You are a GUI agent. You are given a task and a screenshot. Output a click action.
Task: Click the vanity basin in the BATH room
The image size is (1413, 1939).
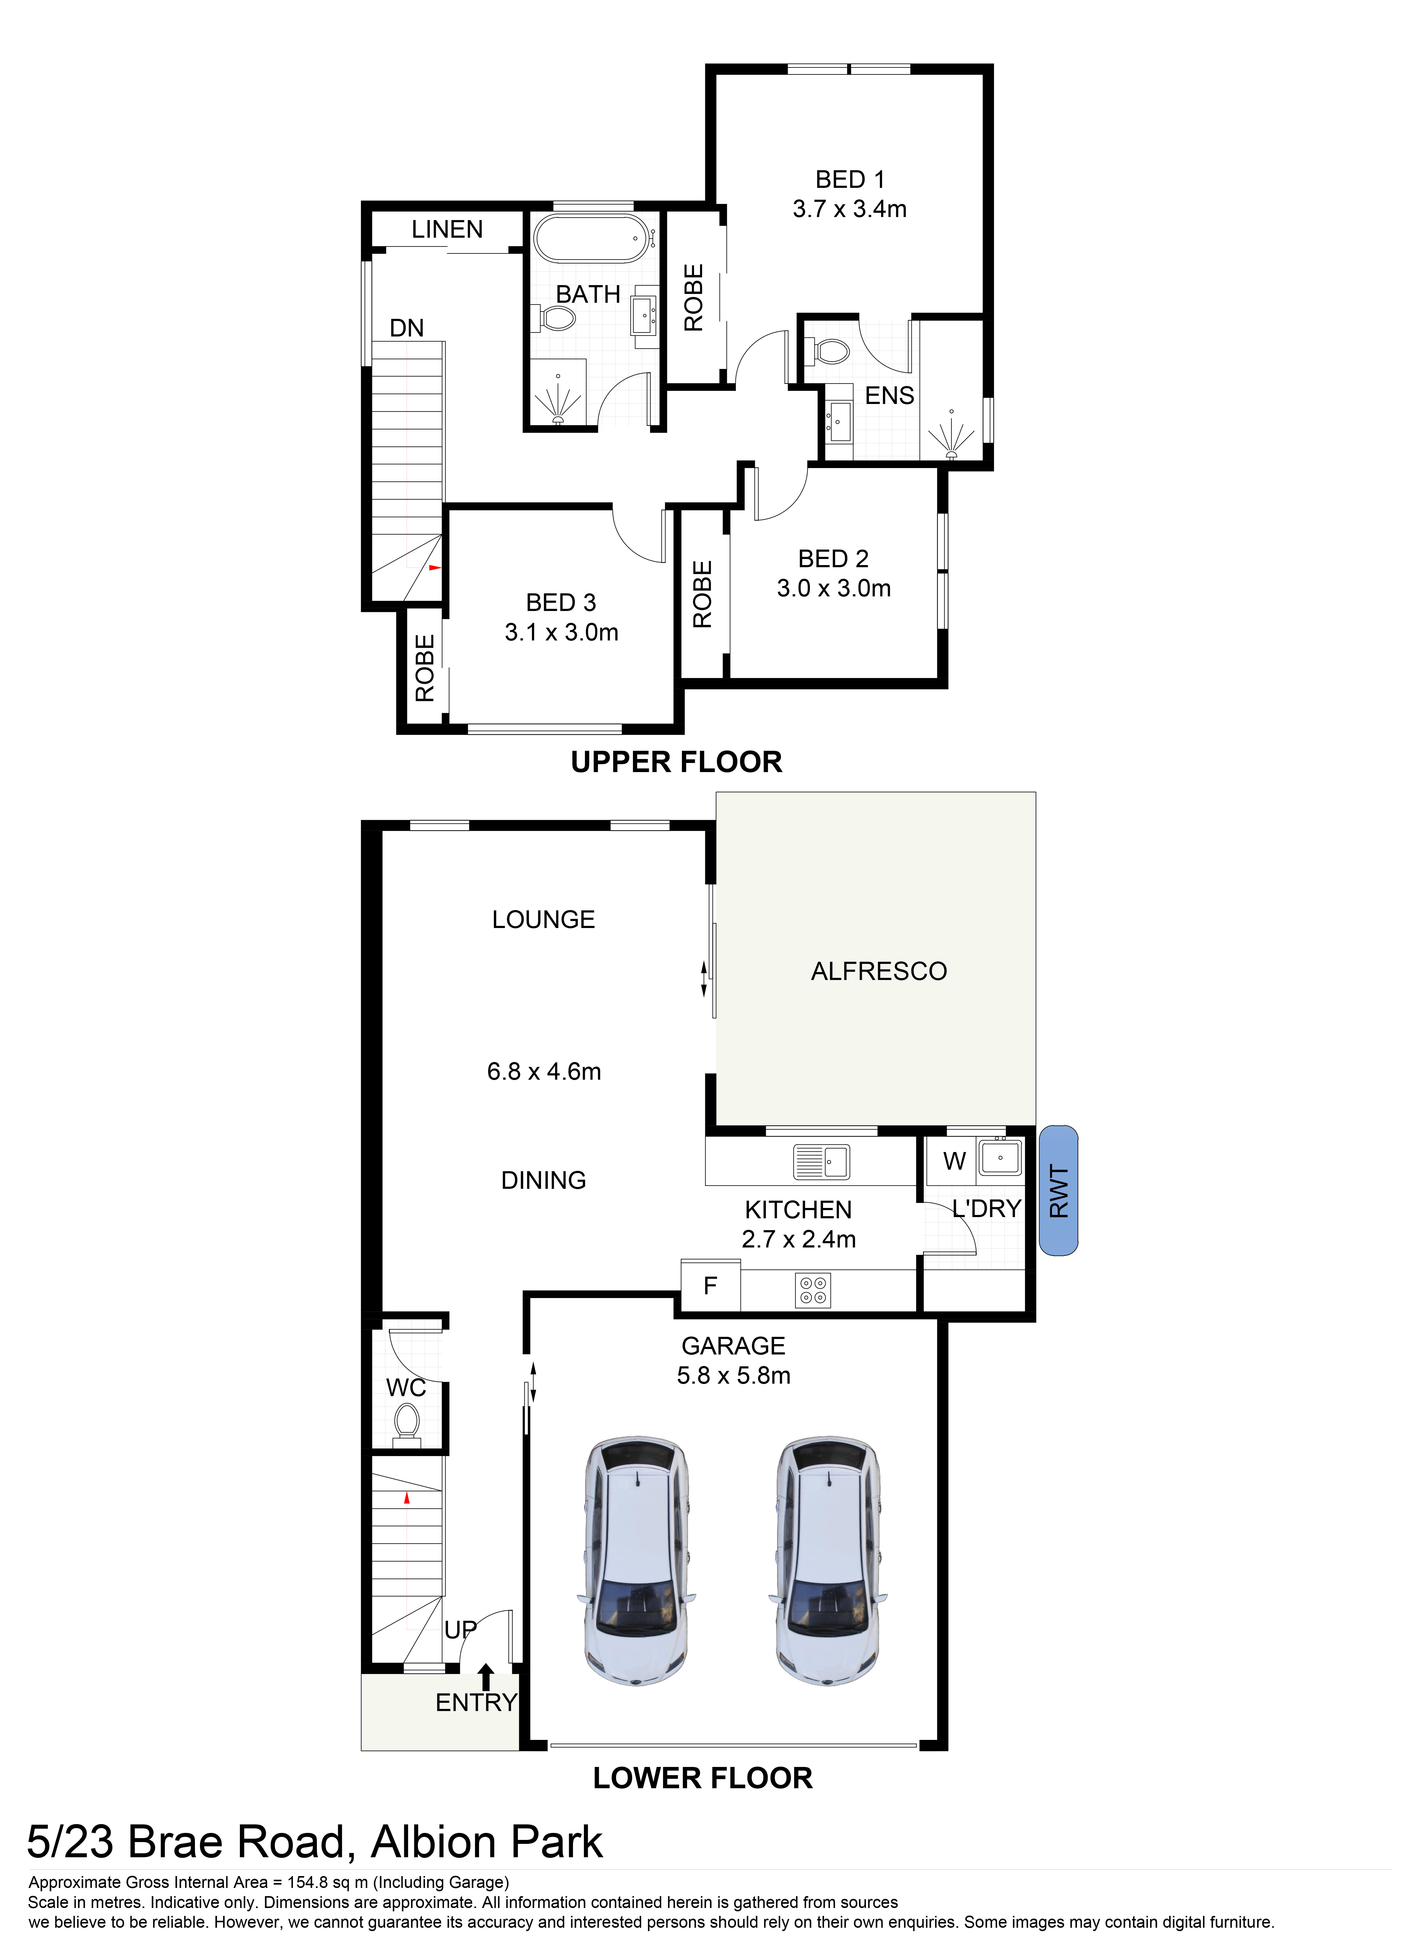643,315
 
